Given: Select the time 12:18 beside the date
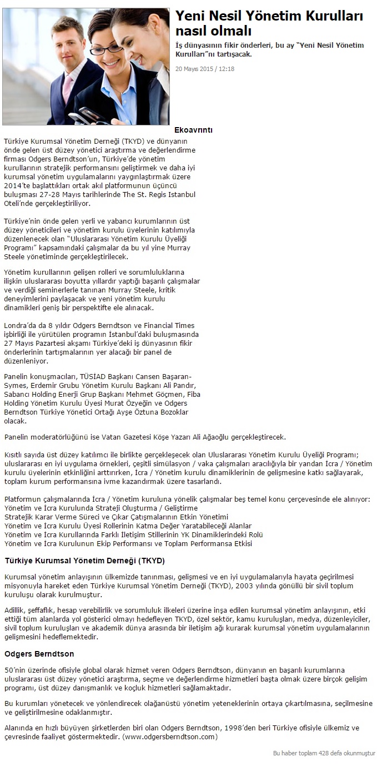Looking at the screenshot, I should [226, 69].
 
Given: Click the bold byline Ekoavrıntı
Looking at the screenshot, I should [193, 130].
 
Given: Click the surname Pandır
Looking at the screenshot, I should [184, 386].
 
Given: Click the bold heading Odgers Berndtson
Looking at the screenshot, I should [39, 654].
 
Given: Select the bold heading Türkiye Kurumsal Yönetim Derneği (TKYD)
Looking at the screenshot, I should [84, 561].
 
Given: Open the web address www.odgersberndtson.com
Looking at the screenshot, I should [169, 737].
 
